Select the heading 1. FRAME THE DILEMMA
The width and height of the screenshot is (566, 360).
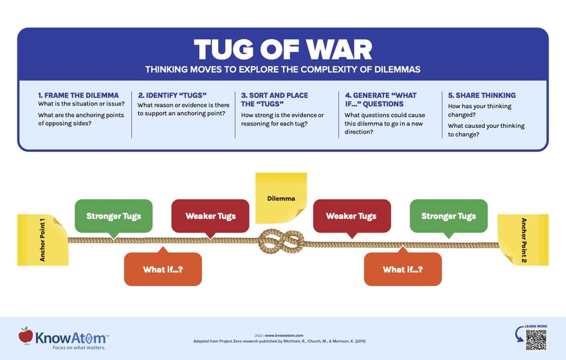pyautogui.click(x=78, y=95)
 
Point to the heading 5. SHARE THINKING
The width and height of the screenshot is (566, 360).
pyautogui.click(x=482, y=95)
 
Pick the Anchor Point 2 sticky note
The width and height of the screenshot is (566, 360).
pyautogui.click(x=523, y=240)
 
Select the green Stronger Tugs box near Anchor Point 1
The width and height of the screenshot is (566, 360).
pyautogui.click(x=114, y=216)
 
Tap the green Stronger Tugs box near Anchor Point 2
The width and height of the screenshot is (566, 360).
pyautogui.click(x=448, y=216)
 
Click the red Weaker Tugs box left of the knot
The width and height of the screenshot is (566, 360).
pyautogui.click(x=210, y=216)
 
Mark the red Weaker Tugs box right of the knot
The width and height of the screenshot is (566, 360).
pyautogui.click(x=352, y=216)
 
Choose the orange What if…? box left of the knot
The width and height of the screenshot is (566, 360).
pyautogui.click(x=163, y=269)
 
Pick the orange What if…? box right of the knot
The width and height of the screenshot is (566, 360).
pyautogui.click(x=403, y=269)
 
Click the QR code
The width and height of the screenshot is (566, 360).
pyautogui.click(x=535, y=339)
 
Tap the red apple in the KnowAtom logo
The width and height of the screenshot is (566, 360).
pyautogui.click(x=26, y=335)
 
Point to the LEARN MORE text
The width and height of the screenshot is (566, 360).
pyautogui.click(x=536, y=326)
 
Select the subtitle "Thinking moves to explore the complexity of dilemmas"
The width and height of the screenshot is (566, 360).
pyautogui.click(x=282, y=69)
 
